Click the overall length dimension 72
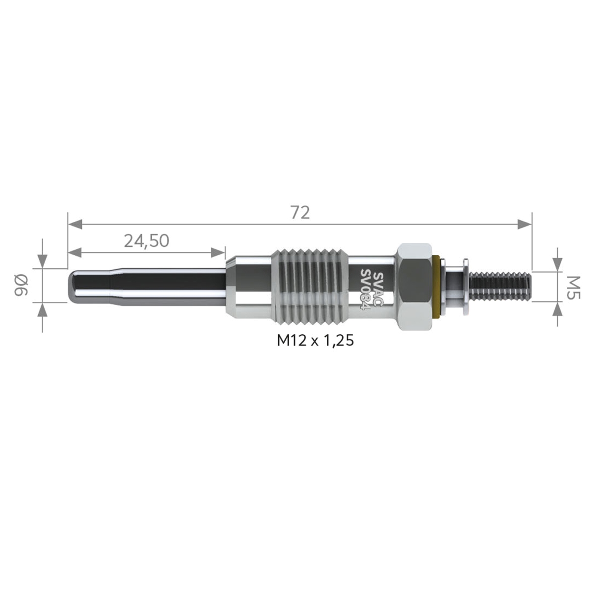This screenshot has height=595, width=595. coord(300,212)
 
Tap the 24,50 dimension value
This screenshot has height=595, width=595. coord(146,240)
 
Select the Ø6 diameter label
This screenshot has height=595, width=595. coord(21,285)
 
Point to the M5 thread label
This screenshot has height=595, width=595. coord(574,288)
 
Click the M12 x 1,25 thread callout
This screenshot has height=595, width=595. coord(315,341)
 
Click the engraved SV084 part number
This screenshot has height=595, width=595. coord(366,290)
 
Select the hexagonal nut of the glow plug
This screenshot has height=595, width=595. coord(414,287)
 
